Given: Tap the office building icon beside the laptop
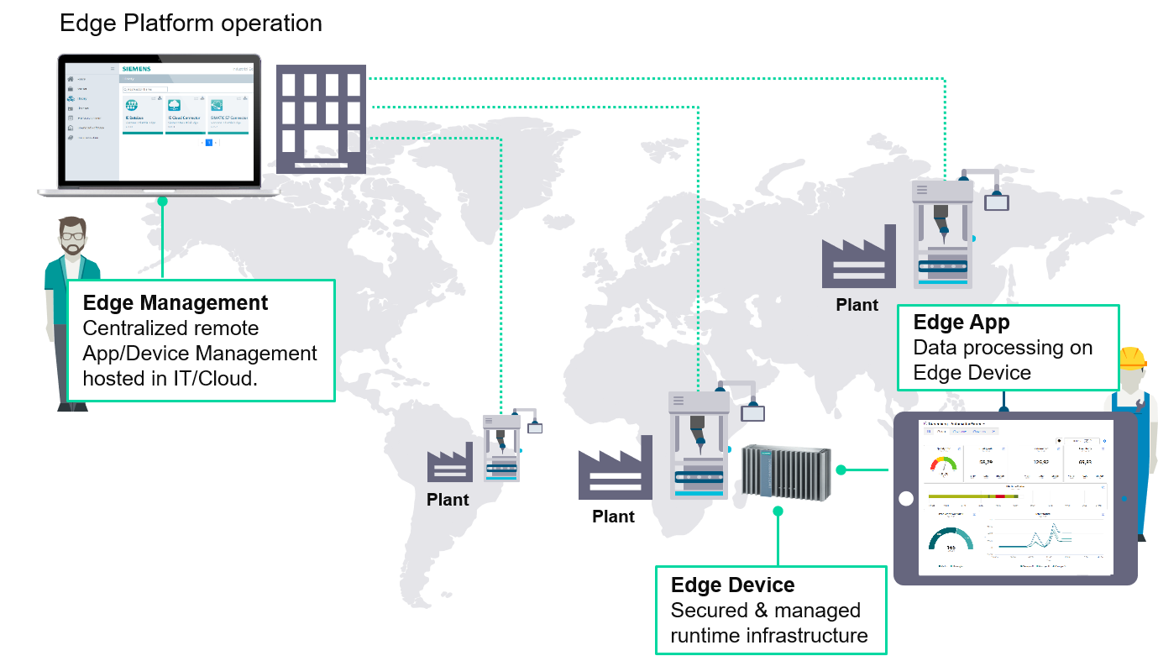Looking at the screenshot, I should tap(322, 118).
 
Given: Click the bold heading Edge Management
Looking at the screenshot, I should tap(176, 302).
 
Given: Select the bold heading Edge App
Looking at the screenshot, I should tap(962, 323).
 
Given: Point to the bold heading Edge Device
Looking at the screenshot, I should tap(733, 585).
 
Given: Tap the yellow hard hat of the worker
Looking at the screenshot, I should tap(1132, 358).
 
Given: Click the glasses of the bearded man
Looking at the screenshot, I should tap(74, 236).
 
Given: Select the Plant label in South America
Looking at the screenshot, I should tap(448, 500).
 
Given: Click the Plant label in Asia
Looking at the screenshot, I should tap(857, 305).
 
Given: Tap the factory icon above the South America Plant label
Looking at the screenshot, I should tap(449, 463).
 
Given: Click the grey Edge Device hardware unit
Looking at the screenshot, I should tap(785, 472).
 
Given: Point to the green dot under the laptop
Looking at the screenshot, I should tap(162, 201).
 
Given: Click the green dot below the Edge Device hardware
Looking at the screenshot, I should tap(778, 511).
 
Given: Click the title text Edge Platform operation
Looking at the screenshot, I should tap(191, 23).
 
